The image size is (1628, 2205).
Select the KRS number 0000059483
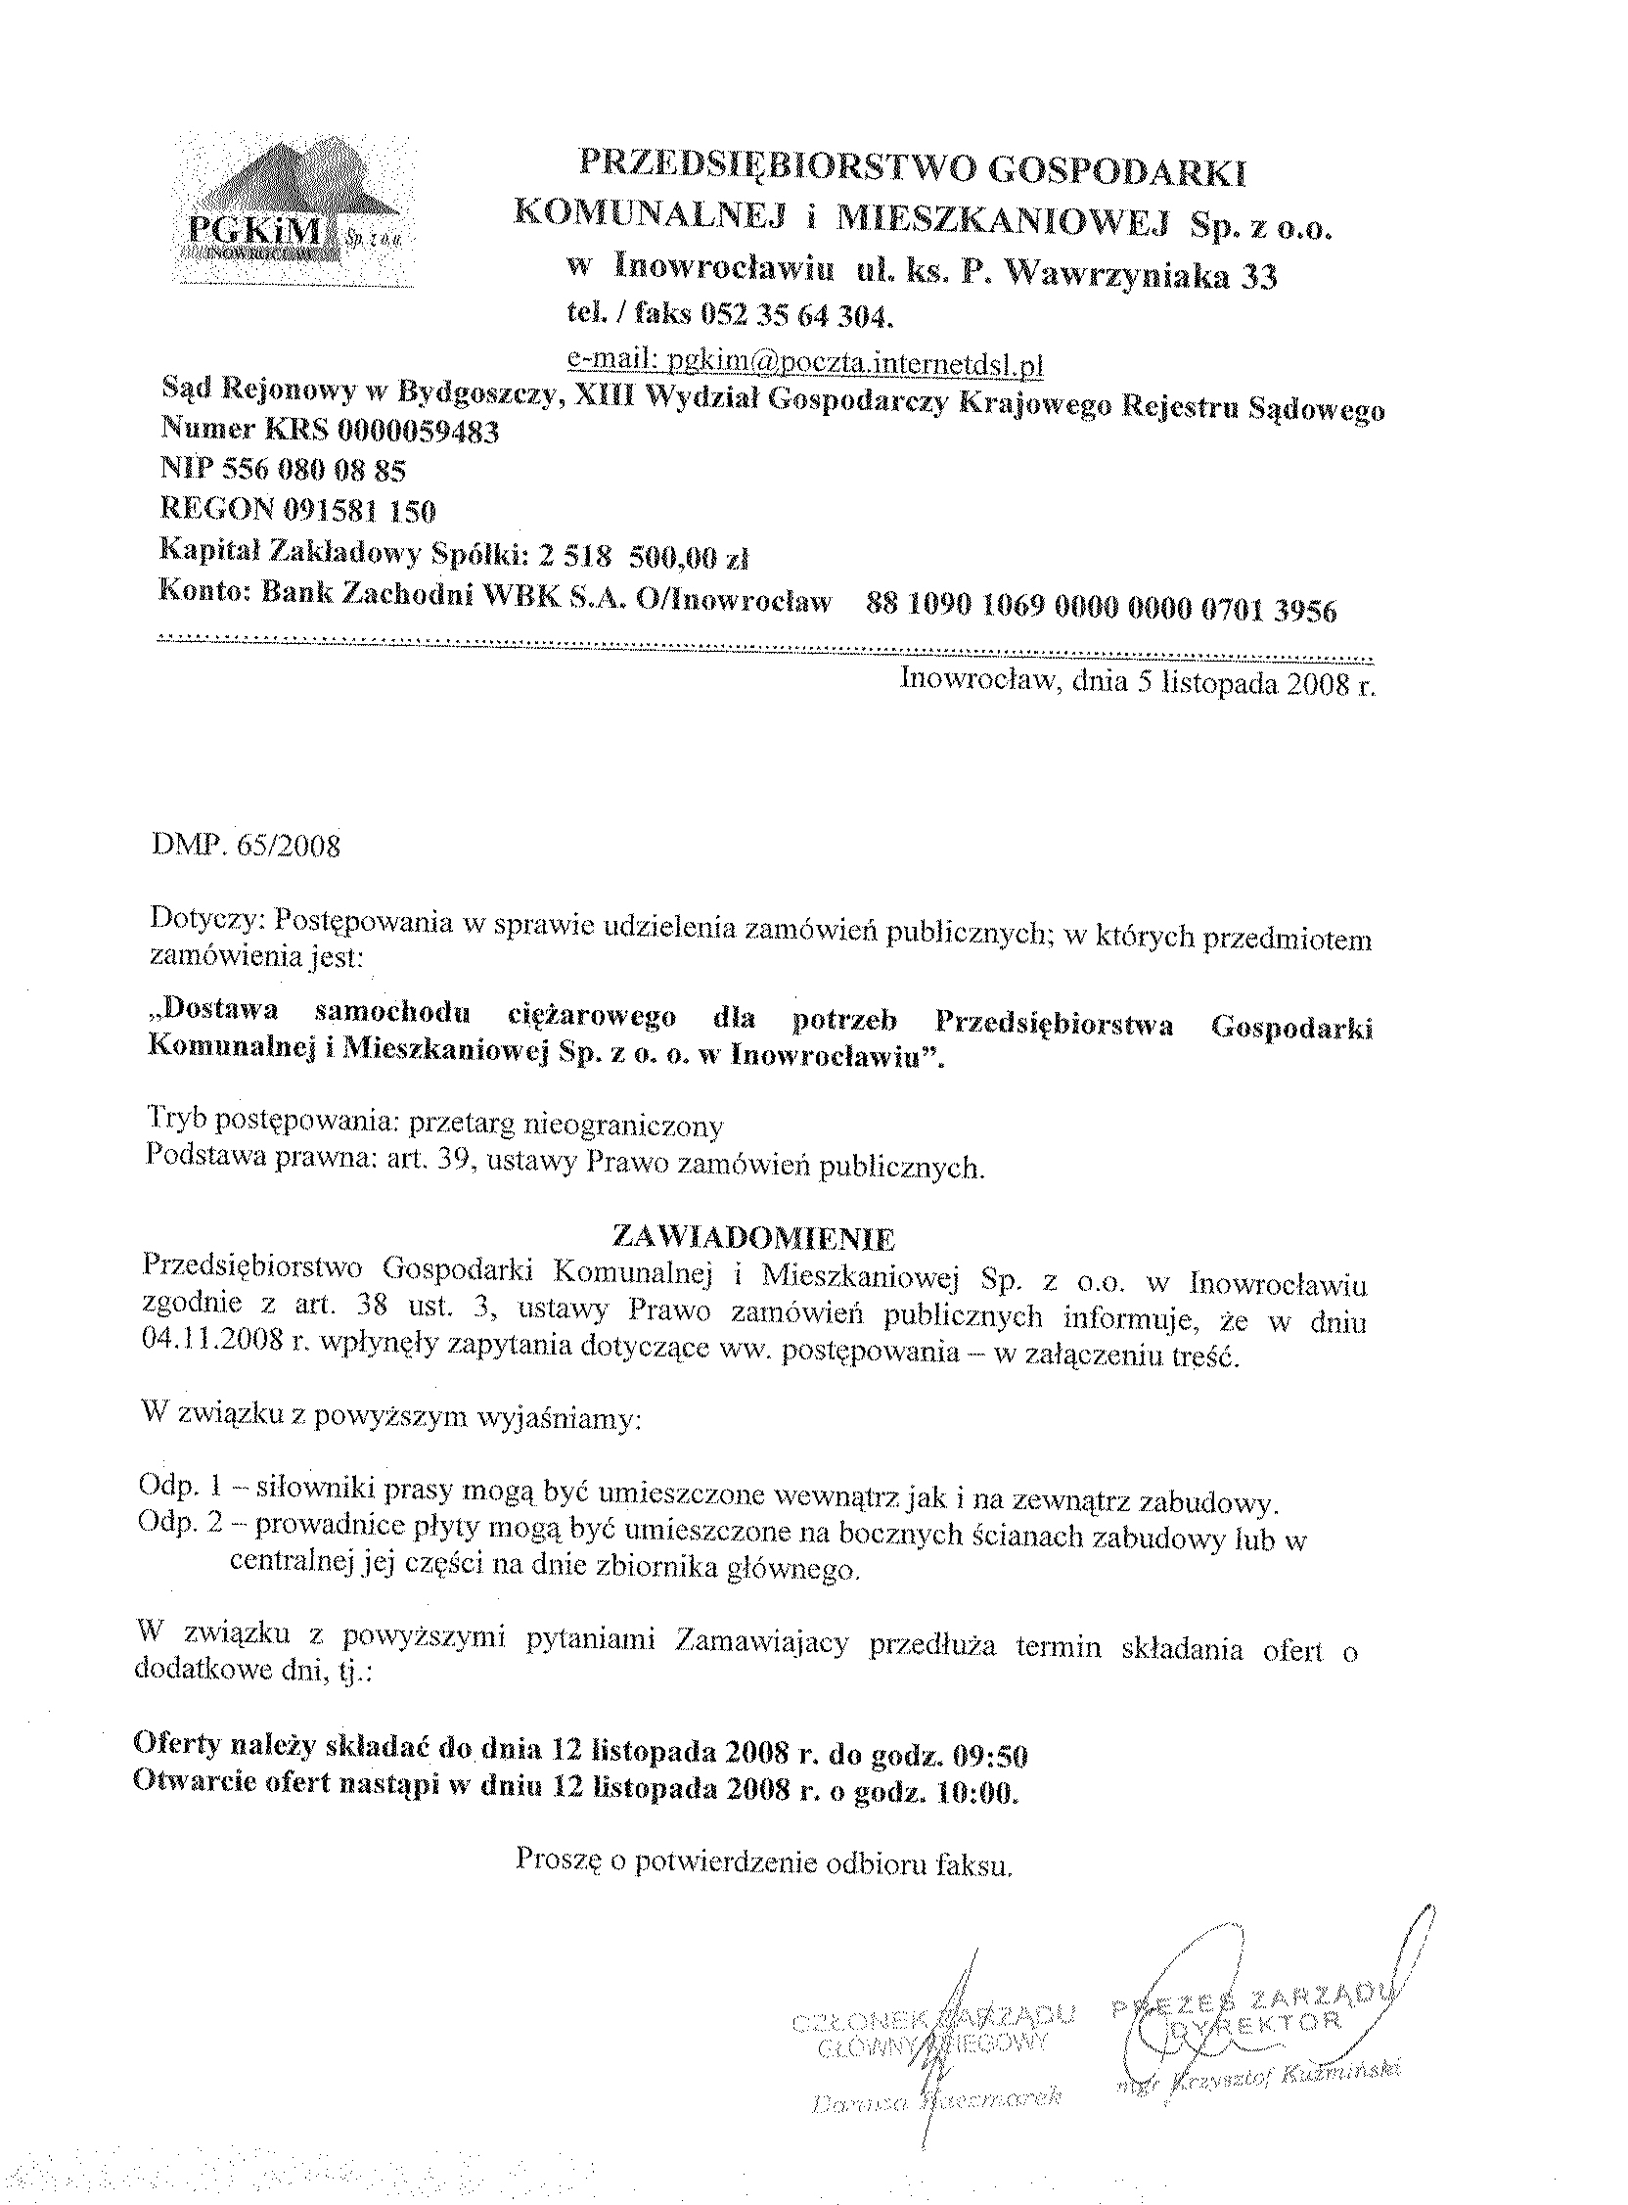(x=418, y=431)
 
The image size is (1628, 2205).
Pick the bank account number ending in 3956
(x=1101, y=610)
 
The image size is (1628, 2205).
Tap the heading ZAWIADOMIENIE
(x=753, y=1237)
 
